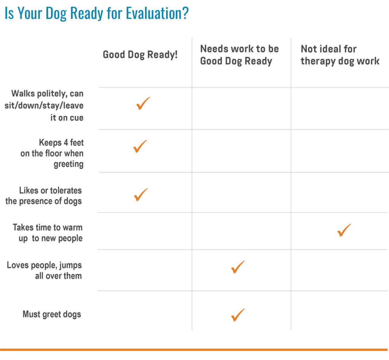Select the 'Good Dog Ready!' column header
tap(140, 55)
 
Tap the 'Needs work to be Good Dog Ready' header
tap(239, 55)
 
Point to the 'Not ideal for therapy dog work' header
tap(340, 55)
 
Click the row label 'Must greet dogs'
tap(52, 314)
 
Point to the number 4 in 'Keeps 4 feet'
tap(66, 143)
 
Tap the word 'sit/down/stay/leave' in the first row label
tap(44, 106)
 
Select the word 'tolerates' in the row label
tap(66, 190)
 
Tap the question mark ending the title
tap(185, 13)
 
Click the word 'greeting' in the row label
tap(68, 165)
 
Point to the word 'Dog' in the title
tap(56, 13)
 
